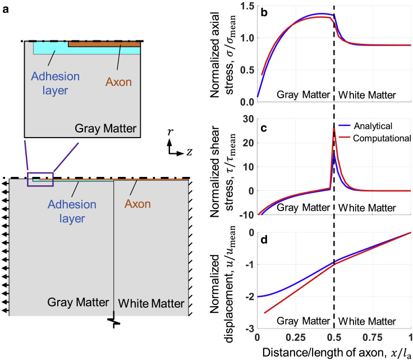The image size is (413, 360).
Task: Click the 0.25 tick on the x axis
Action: [x=295, y=338]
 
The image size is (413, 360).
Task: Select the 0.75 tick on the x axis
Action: [x=373, y=338]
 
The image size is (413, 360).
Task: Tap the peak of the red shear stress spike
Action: [x=334, y=129]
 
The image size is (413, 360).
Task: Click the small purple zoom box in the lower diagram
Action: [x=40, y=179]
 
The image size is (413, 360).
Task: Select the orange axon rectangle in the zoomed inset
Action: [x=104, y=44]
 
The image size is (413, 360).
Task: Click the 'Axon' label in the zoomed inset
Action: [x=118, y=82]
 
